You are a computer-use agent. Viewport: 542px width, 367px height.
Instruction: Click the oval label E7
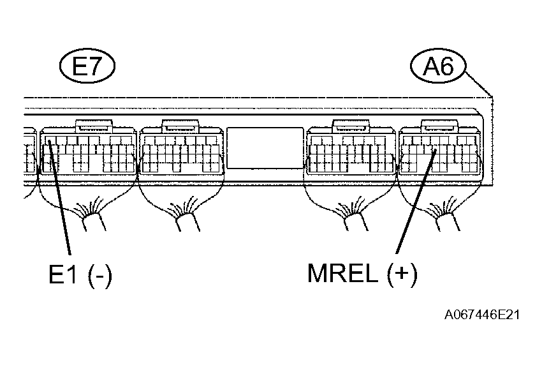[x=87, y=66]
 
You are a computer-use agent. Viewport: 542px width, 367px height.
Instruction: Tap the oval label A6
[x=438, y=66]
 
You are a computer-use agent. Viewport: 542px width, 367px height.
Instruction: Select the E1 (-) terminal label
[x=80, y=275]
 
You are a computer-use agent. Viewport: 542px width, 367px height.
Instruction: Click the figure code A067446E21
[x=483, y=315]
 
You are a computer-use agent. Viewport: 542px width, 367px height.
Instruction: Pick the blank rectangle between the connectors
[x=265, y=147]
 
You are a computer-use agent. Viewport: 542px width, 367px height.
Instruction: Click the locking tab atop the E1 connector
[x=94, y=125]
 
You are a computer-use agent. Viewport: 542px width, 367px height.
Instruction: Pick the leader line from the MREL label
[x=414, y=204]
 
